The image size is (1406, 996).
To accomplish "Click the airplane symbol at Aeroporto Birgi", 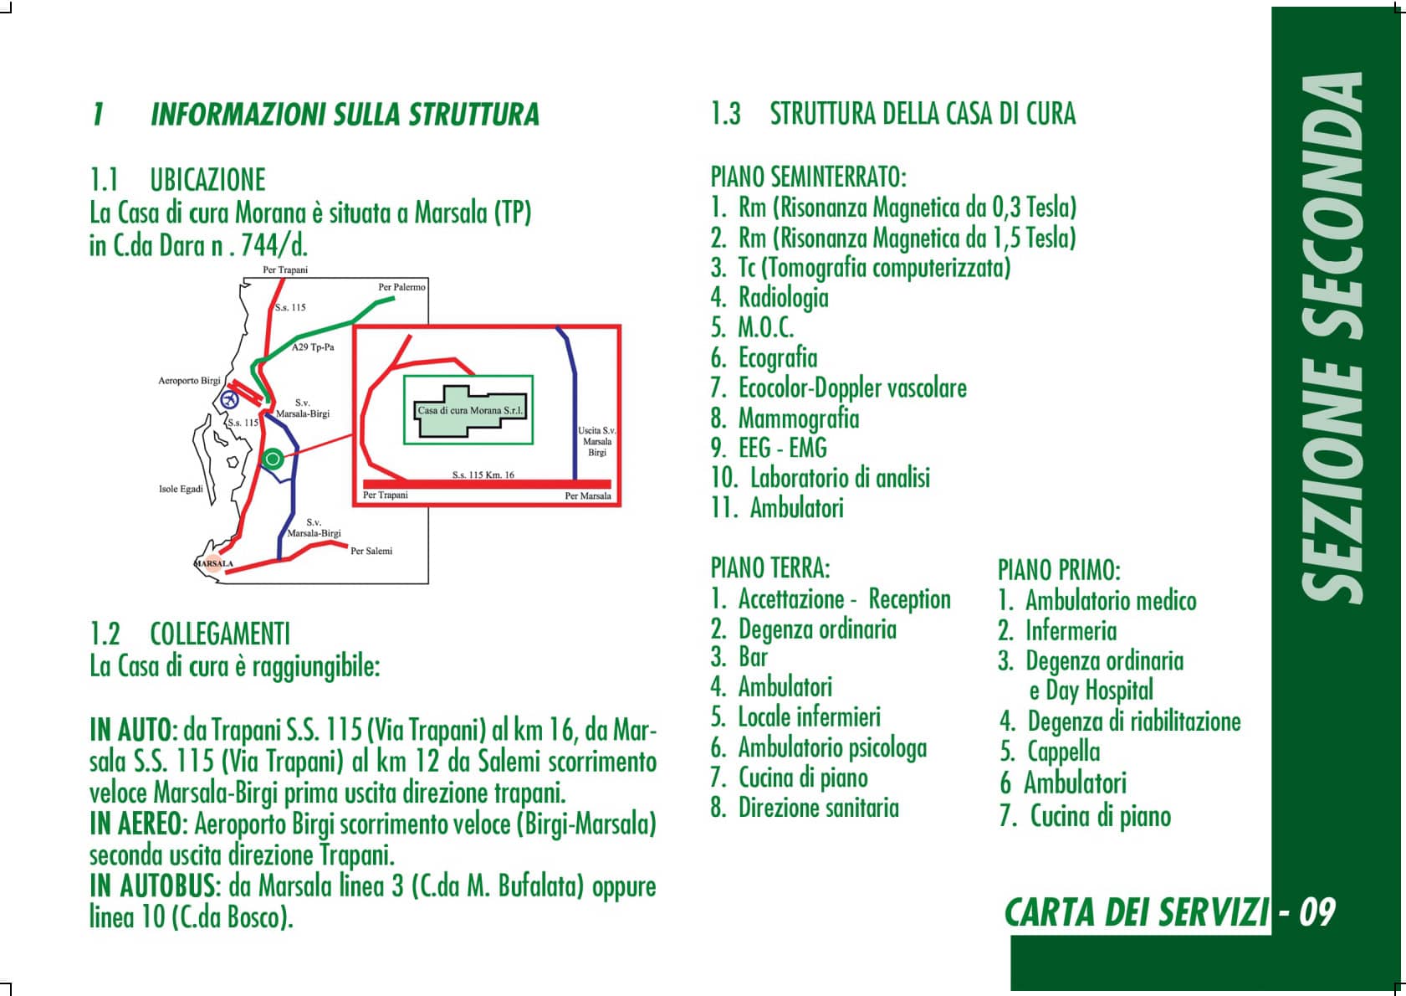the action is (230, 398).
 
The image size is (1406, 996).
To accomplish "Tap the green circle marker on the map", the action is (273, 459).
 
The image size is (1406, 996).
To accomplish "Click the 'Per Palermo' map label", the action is (401, 287).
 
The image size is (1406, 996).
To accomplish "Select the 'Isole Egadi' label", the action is (181, 489).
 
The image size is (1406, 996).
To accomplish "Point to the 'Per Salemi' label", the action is (371, 551).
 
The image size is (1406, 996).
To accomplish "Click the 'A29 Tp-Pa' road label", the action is (313, 347).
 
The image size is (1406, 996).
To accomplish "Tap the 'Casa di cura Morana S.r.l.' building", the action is (470, 411).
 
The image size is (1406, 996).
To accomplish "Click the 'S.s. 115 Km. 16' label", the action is (483, 475).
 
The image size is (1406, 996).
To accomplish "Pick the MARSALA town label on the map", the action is (213, 563).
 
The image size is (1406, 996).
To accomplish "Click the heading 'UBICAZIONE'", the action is (207, 180).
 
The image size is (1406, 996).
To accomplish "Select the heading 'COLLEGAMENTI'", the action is (220, 634).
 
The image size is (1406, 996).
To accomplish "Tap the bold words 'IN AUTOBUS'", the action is (152, 886).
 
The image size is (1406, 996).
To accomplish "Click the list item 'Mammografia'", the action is (799, 418).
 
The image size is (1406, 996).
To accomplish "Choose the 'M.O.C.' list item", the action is (766, 327).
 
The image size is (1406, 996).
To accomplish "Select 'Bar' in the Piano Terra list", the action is (754, 658).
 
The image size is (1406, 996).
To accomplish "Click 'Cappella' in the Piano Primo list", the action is (1063, 752).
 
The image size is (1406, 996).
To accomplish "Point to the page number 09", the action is (1317, 912).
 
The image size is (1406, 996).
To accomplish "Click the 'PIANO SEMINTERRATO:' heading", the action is (809, 177).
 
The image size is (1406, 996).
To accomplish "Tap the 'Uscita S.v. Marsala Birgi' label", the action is (597, 441).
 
